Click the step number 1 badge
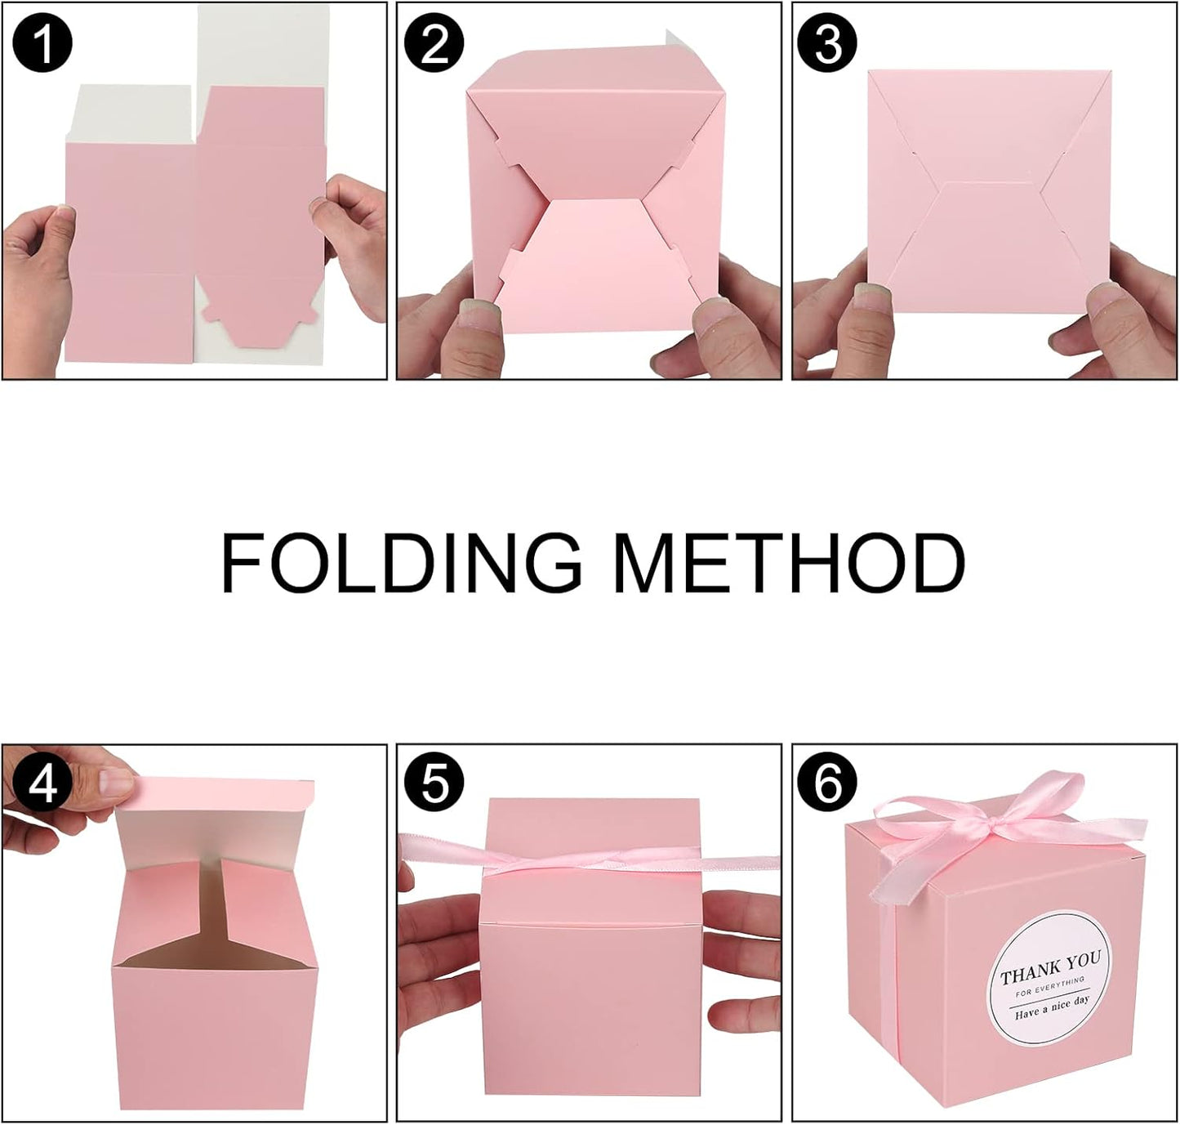(42, 42)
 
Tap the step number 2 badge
(435, 42)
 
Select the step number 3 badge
(828, 42)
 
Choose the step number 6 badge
(828, 785)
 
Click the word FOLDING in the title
(401, 564)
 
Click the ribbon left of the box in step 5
(441, 851)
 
